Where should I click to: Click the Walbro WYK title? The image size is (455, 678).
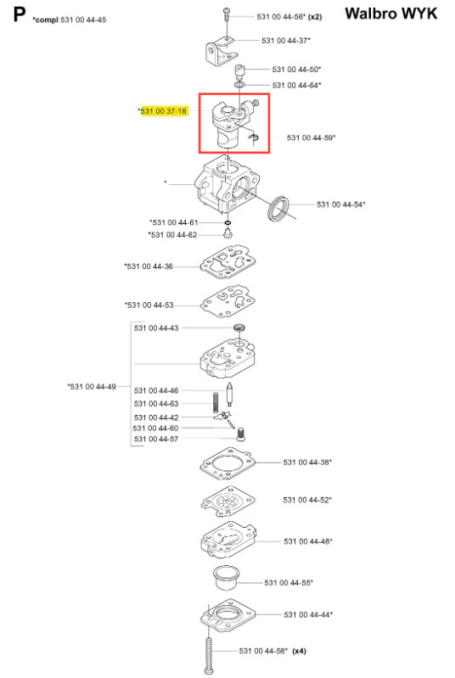point(391,14)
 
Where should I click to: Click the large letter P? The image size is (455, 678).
point(20,14)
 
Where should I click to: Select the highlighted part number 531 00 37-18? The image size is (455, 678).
point(164,111)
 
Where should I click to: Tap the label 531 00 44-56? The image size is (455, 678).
point(281,17)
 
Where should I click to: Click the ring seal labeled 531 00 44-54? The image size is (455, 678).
point(279,209)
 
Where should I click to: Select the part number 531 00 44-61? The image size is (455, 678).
point(174,222)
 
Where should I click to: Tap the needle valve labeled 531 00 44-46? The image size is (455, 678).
point(230,395)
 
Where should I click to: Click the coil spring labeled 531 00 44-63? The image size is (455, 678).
point(216,402)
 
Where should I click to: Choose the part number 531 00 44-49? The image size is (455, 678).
point(92,387)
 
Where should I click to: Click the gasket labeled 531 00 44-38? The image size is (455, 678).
point(227,464)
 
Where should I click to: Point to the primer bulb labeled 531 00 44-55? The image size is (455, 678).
point(226,577)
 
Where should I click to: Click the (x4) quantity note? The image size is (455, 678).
point(300,651)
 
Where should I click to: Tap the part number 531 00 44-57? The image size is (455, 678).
point(155,439)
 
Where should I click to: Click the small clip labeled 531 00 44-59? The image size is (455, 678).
point(255,137)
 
